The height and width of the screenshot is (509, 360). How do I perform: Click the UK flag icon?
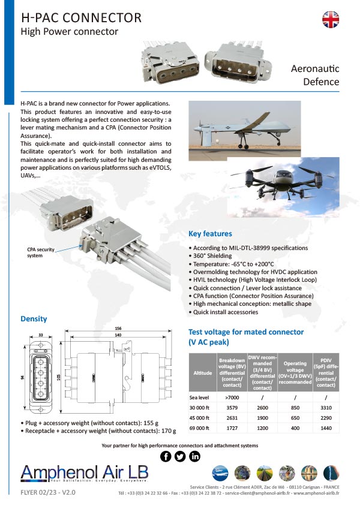331,20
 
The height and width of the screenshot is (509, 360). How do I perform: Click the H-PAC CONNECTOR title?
80,17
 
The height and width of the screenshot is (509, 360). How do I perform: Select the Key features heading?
210,234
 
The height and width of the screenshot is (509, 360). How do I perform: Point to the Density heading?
34,318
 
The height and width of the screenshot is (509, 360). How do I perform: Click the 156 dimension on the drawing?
117,329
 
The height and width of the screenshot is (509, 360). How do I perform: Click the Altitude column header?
202,372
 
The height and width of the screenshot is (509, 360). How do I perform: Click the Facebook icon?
166,456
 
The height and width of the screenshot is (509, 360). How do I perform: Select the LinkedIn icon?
194,456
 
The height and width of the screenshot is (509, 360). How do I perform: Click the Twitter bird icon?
181,456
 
